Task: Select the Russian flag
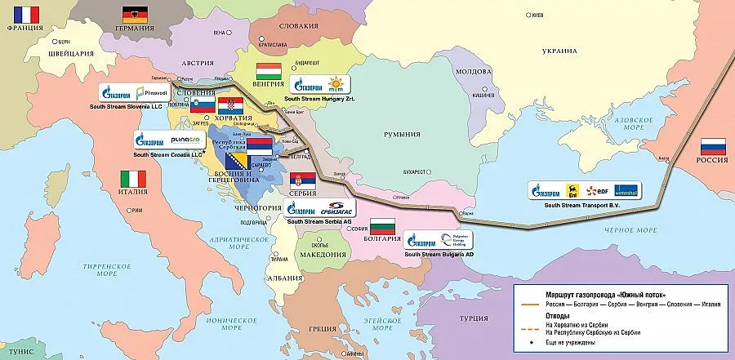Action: pyautogui.click(x=713, y=146)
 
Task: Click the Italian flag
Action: pyautogui.click(x=132, y=178)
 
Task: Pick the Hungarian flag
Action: pyautogui.click(x=269, y=70)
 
